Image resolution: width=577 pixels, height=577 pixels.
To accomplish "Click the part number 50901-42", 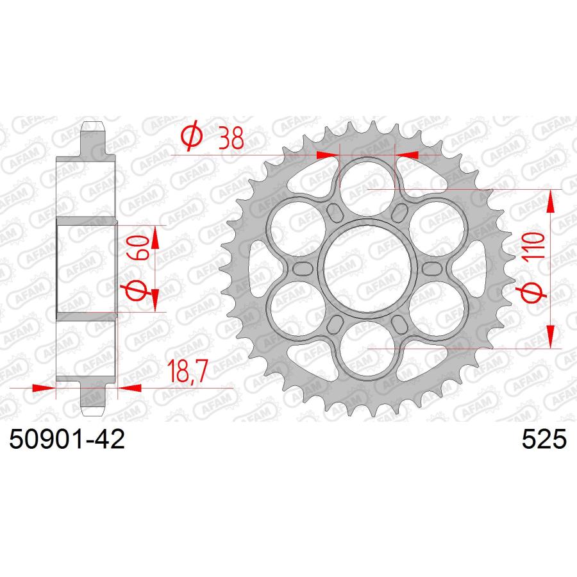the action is [67, 439].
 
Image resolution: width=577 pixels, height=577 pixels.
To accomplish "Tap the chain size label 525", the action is [544, 439].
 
